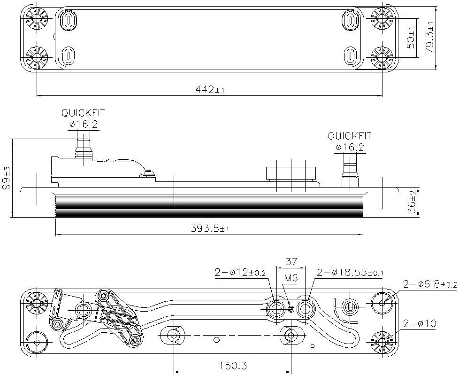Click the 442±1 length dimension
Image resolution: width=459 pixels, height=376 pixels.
(210, 89)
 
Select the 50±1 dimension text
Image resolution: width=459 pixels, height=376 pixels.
(411, 39)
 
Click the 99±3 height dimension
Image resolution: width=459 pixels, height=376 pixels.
(6, 178)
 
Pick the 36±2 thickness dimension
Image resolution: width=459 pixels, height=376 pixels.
(412, 202)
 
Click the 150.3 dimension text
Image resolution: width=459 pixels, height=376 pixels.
(233, 365)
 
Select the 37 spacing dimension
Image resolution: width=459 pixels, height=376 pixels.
(291, 261)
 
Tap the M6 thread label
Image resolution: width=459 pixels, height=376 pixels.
(291, 278)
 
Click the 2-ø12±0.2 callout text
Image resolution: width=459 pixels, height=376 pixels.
(240, 272)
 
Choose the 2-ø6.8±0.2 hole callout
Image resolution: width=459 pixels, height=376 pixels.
(429, 284)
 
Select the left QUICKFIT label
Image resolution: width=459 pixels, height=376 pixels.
(83, 113)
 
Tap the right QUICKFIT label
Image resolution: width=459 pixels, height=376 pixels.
(350, 136)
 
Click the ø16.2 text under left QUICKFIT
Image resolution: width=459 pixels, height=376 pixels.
(83, 125)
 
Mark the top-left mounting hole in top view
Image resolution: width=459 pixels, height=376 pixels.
(37, 19)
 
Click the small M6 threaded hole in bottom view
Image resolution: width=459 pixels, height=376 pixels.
(291, 309)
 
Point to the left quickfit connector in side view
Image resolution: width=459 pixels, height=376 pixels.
(83, 146)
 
